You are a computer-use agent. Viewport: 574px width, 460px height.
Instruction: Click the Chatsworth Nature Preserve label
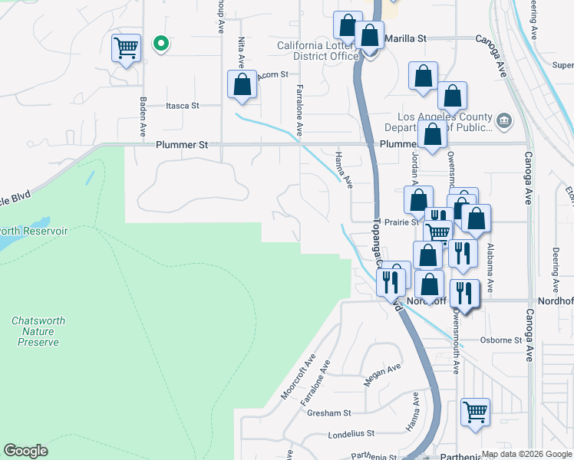38,331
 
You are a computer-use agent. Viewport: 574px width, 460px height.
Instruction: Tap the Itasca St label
183,106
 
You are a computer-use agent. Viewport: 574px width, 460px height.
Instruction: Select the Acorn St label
272,75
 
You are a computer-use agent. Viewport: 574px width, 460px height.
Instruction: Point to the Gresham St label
328,412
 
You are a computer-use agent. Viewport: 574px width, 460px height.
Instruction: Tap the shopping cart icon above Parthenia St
475,412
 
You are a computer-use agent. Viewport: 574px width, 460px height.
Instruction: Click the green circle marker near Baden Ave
160,44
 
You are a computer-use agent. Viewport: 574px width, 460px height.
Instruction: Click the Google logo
26,451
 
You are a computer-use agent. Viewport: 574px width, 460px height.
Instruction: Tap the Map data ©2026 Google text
526,454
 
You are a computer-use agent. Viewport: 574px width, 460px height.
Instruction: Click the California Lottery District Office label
318,51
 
